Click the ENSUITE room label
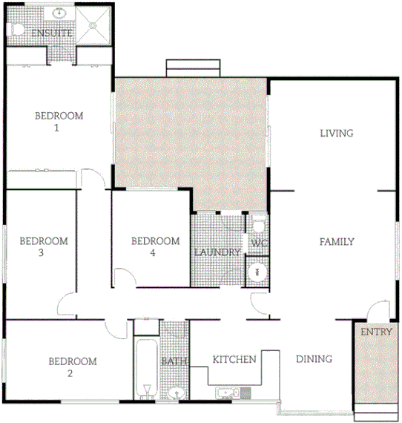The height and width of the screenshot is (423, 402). point(51,33)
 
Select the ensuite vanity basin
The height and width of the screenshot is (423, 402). point(59,14)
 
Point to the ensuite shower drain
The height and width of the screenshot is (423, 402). point(93,26)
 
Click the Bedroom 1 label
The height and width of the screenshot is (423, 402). point(59,122)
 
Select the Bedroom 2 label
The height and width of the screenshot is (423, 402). point(72,367)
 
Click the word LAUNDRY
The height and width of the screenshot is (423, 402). point(217,252)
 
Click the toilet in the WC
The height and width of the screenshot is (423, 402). point(259,224)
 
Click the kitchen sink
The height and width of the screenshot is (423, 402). point(225,392)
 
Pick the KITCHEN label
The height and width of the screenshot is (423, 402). point(234,360)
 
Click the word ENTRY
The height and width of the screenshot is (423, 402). point(375,332)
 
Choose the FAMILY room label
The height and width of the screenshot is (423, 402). point(337,242)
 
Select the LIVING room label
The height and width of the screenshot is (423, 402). point(336,134)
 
